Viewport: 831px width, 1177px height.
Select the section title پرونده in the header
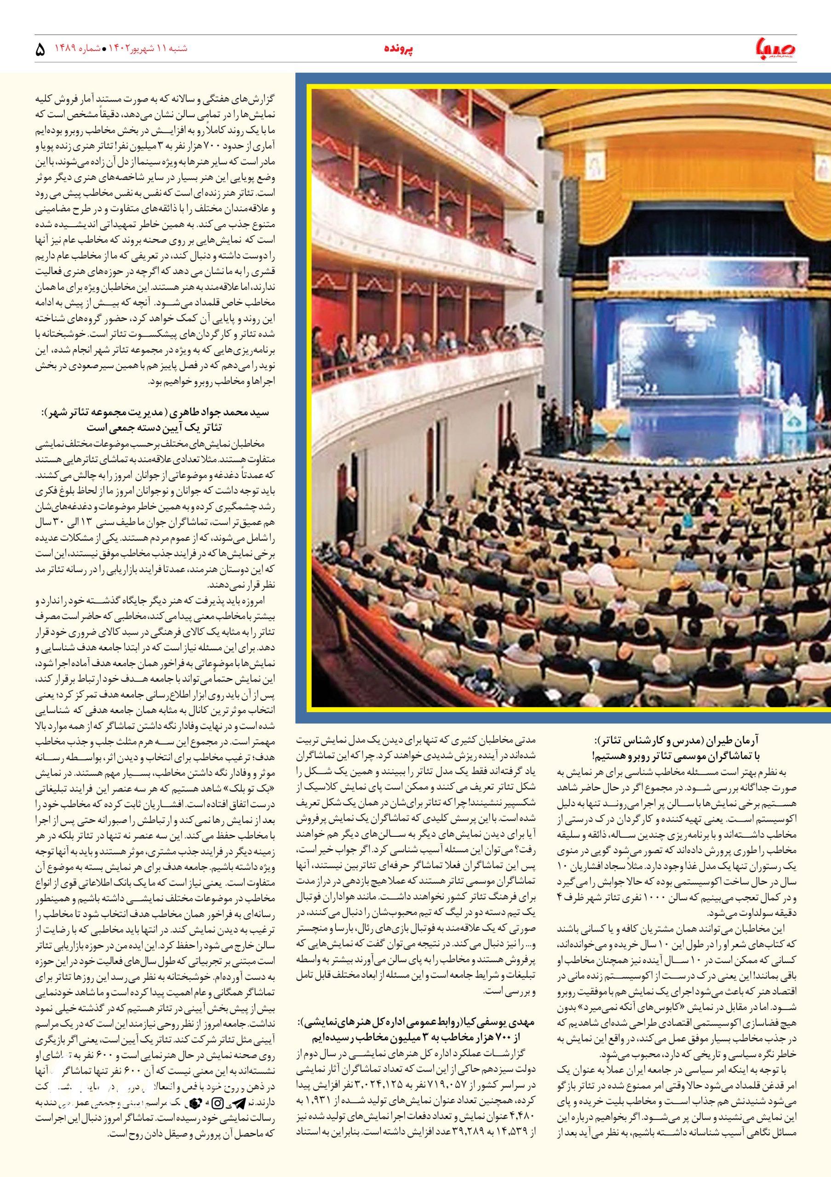click(399, 49)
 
